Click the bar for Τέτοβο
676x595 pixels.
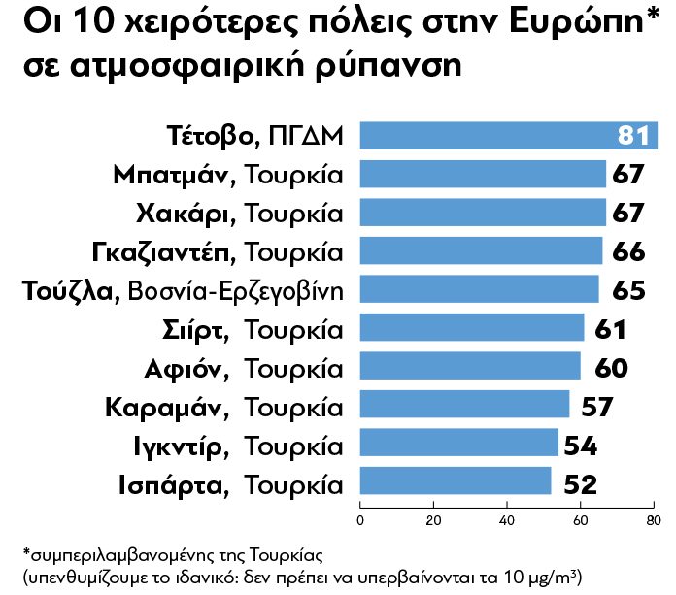(x=486, y=136)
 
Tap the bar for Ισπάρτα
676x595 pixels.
(x=456, y=481)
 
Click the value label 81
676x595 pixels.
(x=632, y=136)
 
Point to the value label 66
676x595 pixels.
(x=629, y=251)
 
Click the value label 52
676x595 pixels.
(x=576, y=482)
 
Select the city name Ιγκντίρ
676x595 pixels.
(x=181, y=445)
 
